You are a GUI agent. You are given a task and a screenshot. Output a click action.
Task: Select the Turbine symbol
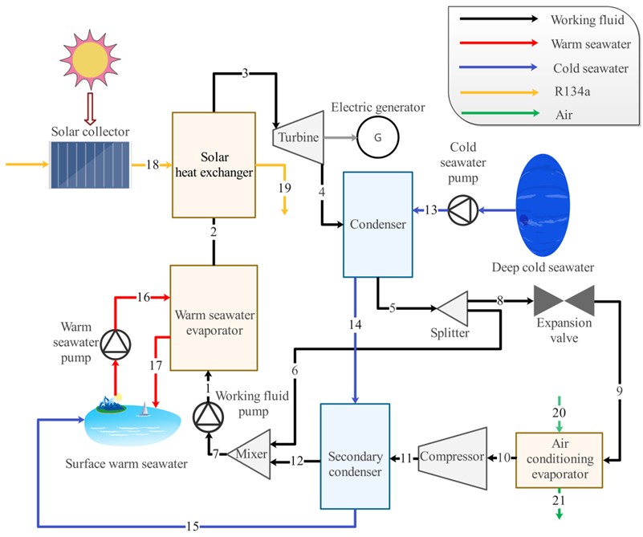coord(298,138)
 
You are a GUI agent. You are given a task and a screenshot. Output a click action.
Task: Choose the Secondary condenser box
coord(355,457)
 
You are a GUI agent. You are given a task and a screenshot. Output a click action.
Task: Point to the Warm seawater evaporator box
coord(214,317)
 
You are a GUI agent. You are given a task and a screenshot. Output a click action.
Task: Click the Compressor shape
coord(454,458)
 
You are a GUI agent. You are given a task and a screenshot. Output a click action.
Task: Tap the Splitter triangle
coord(451,308)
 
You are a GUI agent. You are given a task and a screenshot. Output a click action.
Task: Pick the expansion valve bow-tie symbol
coord(565,301)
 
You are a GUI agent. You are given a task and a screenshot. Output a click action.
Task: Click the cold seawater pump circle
coord(463,210)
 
